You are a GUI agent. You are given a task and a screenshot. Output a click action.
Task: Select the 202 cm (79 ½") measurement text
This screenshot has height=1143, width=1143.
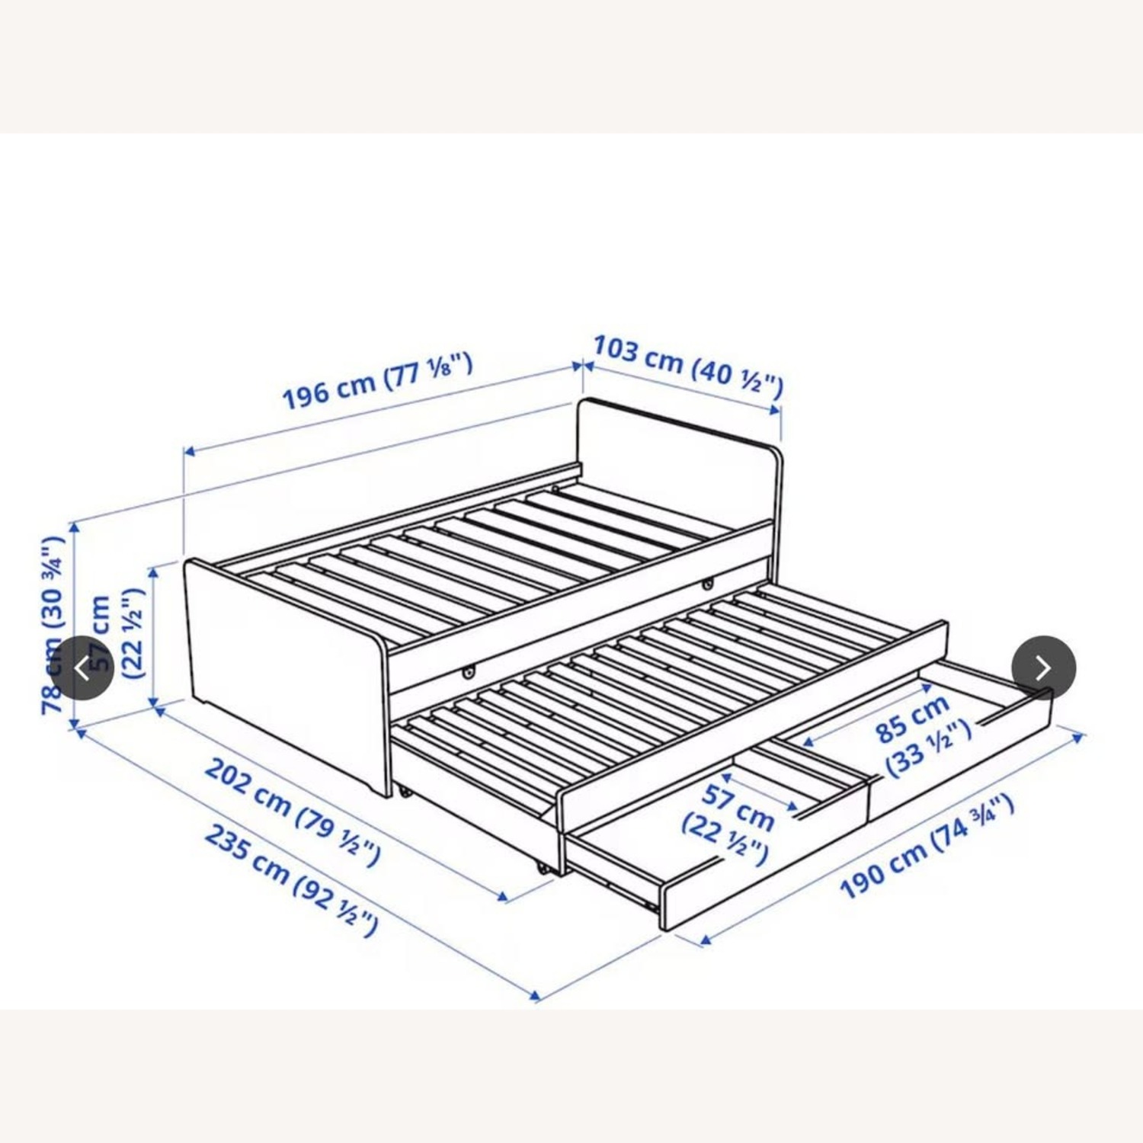pyautogui.click(x=293, y=812)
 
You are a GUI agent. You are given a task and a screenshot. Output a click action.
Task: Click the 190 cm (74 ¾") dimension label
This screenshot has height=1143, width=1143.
pyautogui.click(x=927, y=847)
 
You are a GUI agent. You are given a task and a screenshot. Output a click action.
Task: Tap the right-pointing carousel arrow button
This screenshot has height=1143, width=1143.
pyautogui.click(x=1043, y=668)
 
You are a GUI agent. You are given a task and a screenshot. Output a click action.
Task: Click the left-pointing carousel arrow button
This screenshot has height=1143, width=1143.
pyautogui.click(x=82, y=668)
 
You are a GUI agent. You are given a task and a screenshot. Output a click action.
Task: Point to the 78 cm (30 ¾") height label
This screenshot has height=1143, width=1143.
pyautogui.click(x=53, y=625)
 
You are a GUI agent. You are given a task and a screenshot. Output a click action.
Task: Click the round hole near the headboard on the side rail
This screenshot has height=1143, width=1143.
pyautogui.click(x=708, y=584)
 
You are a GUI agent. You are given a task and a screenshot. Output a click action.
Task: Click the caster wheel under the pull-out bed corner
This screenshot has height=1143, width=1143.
pyautogui.click(x=541, y=868)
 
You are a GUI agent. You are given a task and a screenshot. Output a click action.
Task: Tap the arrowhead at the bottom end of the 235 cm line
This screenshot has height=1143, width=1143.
pyautogui.click(x=536, y=995)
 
